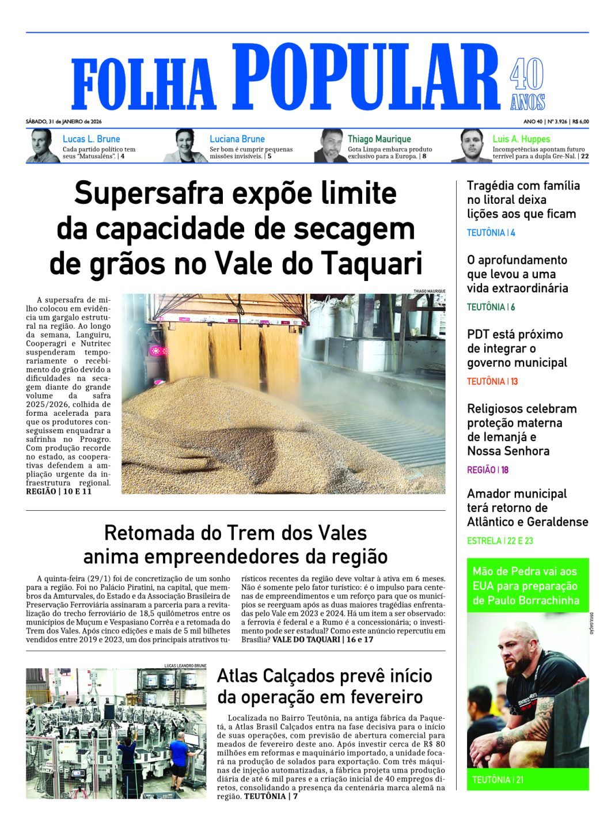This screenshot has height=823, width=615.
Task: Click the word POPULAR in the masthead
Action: pos(365,77)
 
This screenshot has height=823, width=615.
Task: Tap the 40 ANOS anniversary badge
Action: pos(527,84)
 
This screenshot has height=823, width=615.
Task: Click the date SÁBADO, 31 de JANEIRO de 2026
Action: pos(63,122)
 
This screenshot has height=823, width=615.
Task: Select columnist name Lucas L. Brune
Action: pos(91,139)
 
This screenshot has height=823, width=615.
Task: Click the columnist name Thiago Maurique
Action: pos(379,139)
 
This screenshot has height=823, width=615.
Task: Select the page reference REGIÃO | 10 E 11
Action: pos(59,491)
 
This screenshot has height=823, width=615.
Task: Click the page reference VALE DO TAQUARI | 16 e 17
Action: pos(322,639)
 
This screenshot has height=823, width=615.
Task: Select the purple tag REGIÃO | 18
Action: pos(488,470)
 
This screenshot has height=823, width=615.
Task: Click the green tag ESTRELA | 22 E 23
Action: pos(500,541)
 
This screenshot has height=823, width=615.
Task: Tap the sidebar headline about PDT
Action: pos(517,348)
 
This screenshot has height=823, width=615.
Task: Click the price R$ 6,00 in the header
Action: pos(580,122)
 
